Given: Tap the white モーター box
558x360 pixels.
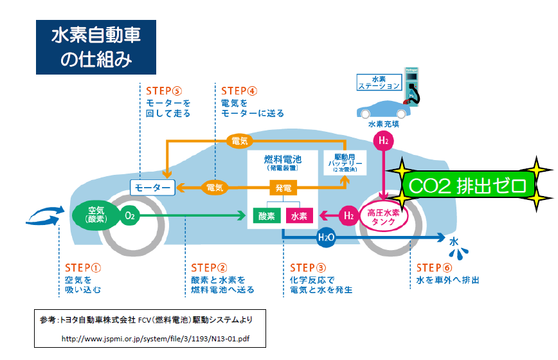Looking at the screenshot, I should [153, 188].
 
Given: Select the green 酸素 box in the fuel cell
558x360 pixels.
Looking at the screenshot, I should [267, 216].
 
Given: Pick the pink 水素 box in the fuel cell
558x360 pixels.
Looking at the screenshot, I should [299, 216].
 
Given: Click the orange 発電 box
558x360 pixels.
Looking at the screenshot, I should [283, 188].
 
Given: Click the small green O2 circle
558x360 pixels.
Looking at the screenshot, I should [130, 216].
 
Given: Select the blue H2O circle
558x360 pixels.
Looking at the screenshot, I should [327, 238].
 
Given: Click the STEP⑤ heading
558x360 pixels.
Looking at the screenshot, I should [165, 91].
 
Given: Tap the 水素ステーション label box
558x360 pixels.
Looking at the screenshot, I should [379, 82].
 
